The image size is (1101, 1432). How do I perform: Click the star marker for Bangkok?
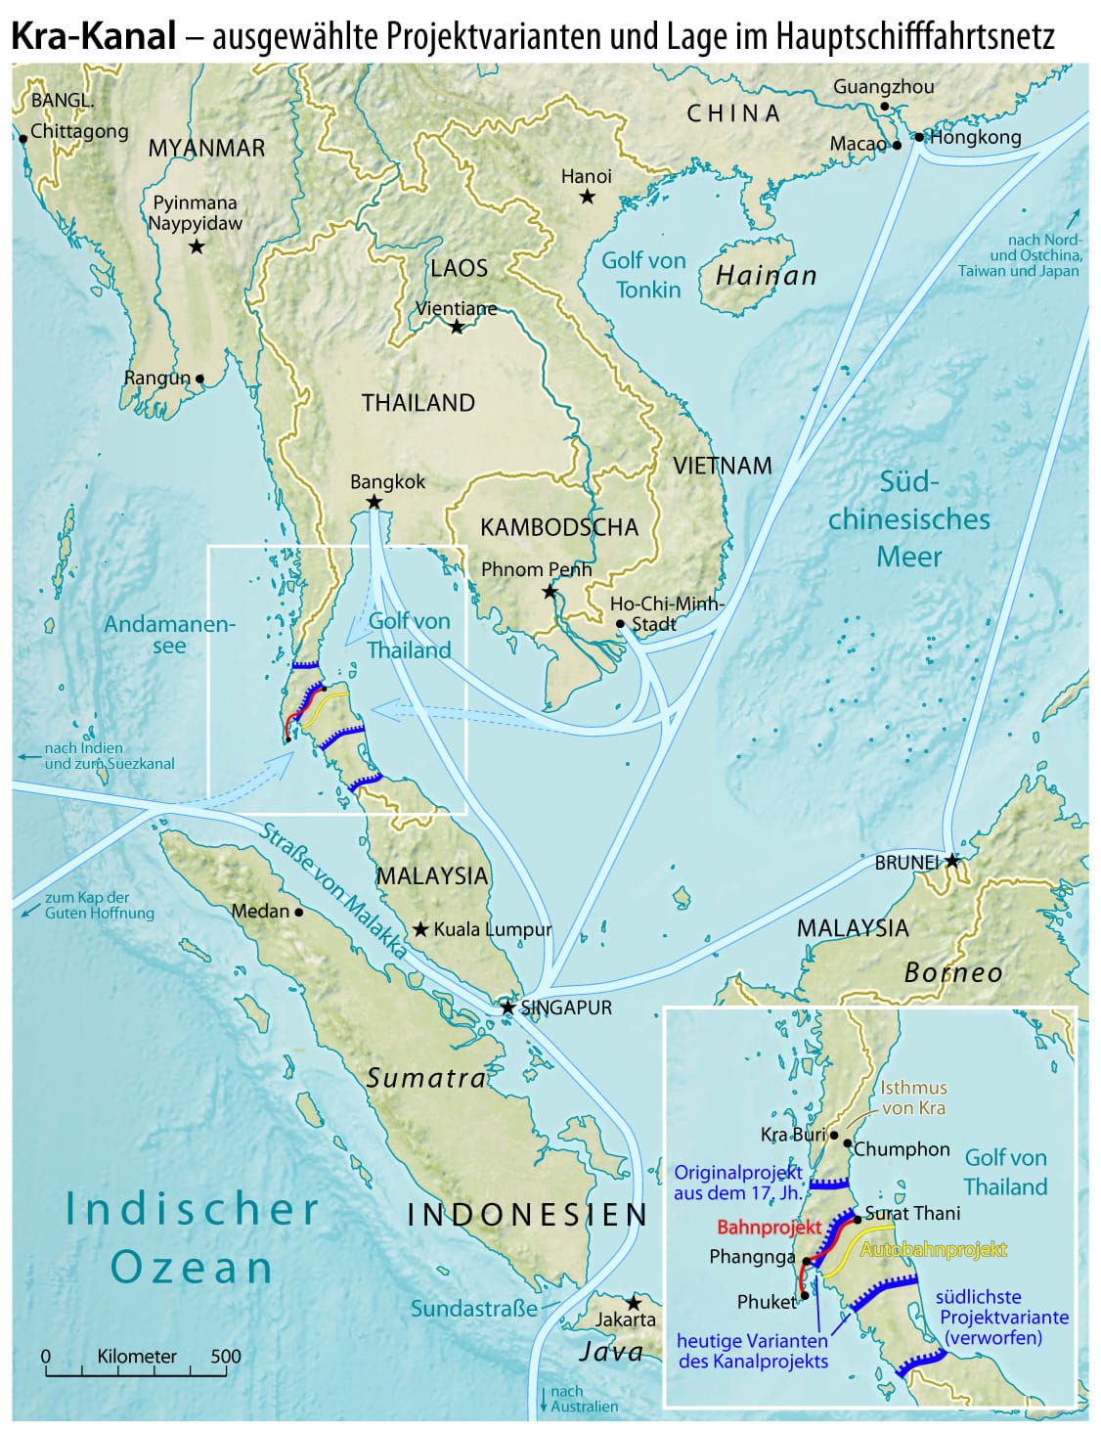pyautogui.click(x=374, y=502)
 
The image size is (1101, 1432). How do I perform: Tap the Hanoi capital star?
pyautogui.click(x=587, y=197)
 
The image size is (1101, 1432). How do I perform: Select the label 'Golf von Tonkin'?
pyautogui.click(x=643, y=275)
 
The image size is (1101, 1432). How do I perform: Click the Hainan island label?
pyautogui.click(x=766, y=276)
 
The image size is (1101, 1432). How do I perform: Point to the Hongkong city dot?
pyautogui.click(x=919, y=137)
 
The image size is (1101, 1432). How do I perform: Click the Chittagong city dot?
pyautogui.click(x=22, y=139)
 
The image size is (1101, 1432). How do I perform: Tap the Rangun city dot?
pyautogui.click(x=199, y=379)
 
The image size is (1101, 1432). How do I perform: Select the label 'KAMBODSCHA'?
pyautogui.click(x=558, y=527)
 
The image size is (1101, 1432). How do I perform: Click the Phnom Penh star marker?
pyautogui.click(x=550, y=592)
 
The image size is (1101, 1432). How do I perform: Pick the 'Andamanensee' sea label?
pyautogui.click(x=169, y=634)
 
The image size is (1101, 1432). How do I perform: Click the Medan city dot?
pyautogui.click(x=298, y=912)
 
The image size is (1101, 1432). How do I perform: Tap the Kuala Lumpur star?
pyautogui.click(x=420, y=928)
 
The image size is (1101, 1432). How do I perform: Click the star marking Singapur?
pyautogui.click(x=507, y=1007)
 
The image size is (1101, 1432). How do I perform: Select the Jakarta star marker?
pyautogui.click(x=634, y=1303)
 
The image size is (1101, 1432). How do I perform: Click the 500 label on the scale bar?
pyautogui.click(x=226, y=1356)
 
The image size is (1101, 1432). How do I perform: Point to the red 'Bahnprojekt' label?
pyautogui.click(x=769, y=1227)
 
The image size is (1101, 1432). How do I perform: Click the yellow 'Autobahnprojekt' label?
pyautogui.click(x=933, y=1249)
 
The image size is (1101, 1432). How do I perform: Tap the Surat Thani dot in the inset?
pyautogui.click(x=858, y=1219)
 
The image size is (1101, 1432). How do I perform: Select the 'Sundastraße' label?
pyautogui.click(x=473, y=1308)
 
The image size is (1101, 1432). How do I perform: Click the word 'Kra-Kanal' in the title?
pyautogui.click(x=94, y=36)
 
